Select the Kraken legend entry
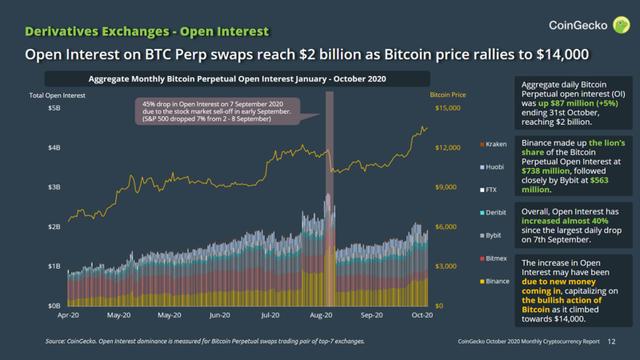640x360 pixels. coord(492,143)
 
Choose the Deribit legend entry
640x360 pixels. coord(493,212)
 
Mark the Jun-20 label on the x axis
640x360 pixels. coord(219,316)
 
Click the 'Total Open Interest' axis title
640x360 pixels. coord(56,96)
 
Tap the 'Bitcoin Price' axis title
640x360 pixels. coord(448,96)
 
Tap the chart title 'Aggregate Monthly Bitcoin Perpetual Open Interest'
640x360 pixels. coord(236,80)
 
